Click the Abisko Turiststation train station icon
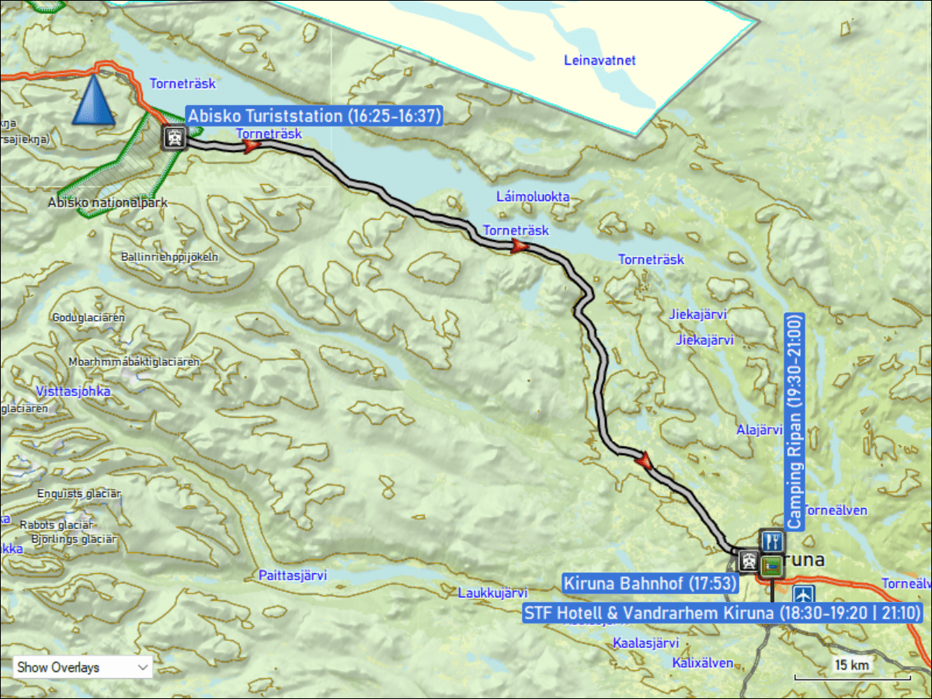point(175,138)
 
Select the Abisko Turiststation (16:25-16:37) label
point(315,116)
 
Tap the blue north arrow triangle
point(92,99)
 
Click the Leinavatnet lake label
point(599,59)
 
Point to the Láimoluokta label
point(533,196)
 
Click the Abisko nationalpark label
point(107,203)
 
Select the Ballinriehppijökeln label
point(170,256)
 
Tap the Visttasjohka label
point(73,391)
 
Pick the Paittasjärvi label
point(293,576)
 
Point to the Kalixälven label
point(703,662)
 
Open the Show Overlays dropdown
point(82,666)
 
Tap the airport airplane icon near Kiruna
point(804,595)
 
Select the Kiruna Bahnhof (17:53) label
point(649,582)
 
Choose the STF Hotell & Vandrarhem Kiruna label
point(722,613)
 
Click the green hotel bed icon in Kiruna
point(773,565)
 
